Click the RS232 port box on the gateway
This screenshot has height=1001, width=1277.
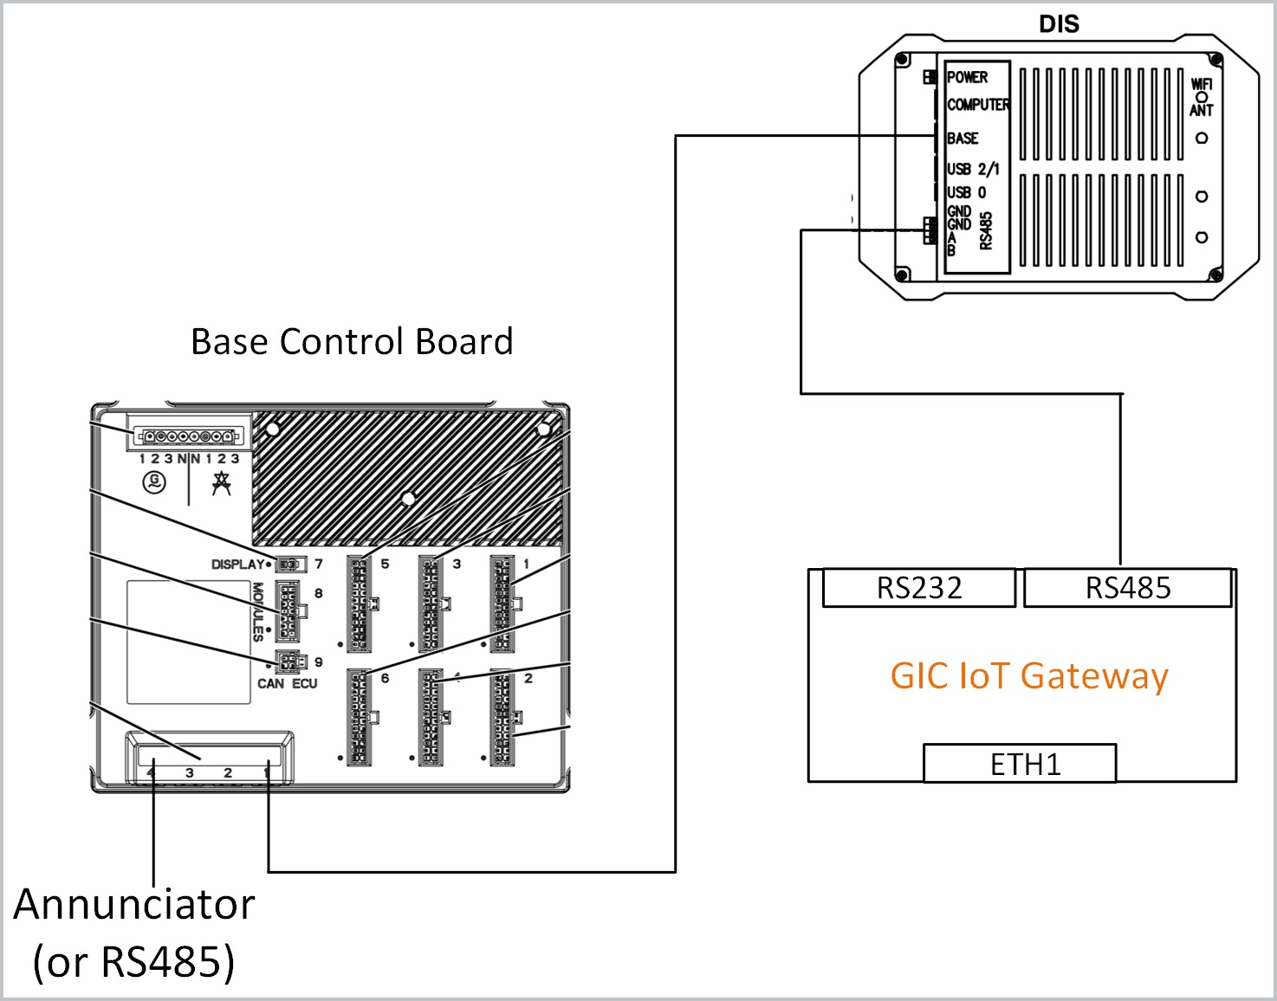918,588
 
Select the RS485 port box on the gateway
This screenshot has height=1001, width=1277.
1127,588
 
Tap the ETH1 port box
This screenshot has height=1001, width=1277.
1020,764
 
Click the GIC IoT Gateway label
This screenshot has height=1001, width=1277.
1028,675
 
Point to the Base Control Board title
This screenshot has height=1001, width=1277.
352,341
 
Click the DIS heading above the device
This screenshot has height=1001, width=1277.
1059,24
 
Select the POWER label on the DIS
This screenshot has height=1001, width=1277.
967,77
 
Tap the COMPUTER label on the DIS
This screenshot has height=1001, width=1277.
978,105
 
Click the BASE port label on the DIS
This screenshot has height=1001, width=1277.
963,139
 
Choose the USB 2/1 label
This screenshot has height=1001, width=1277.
973,169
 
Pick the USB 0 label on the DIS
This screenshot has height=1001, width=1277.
966,192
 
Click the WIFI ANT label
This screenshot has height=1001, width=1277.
1202,96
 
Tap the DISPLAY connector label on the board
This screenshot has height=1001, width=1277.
237,565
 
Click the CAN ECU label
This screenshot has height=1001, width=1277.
287,683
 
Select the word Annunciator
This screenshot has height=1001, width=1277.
134,905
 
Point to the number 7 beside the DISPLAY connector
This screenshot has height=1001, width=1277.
318,564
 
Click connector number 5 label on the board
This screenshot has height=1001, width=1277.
385,564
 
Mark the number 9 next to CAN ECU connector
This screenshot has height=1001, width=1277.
318,662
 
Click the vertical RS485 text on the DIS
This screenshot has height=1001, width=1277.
986,230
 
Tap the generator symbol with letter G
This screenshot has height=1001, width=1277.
154,481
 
